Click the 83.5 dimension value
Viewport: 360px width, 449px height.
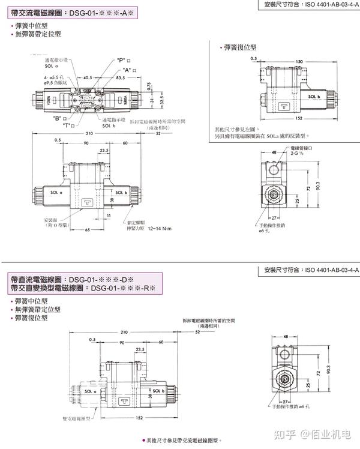[121, 78]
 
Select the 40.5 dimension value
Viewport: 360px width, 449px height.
[88, 78]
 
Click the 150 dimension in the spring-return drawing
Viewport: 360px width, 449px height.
[298, 62]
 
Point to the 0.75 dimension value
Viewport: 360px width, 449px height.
[149, 85]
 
